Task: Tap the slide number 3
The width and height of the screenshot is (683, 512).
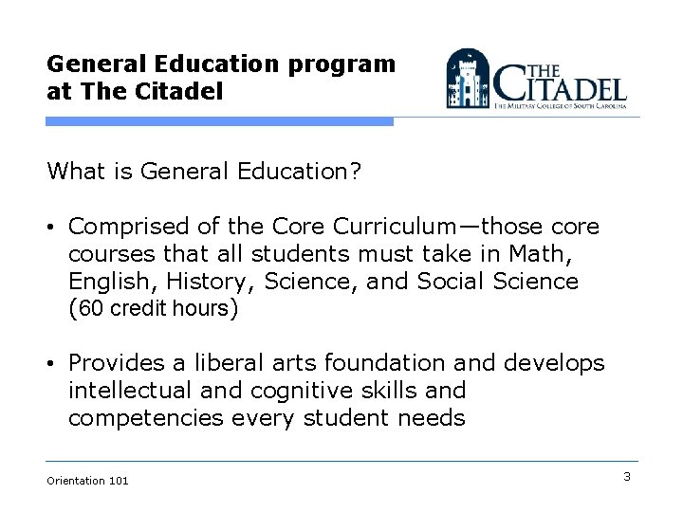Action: [x=627, y=477]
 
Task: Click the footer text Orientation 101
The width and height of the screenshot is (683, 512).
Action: [x=87, y=481]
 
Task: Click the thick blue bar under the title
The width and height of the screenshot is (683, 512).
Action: [x=218, y=122]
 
